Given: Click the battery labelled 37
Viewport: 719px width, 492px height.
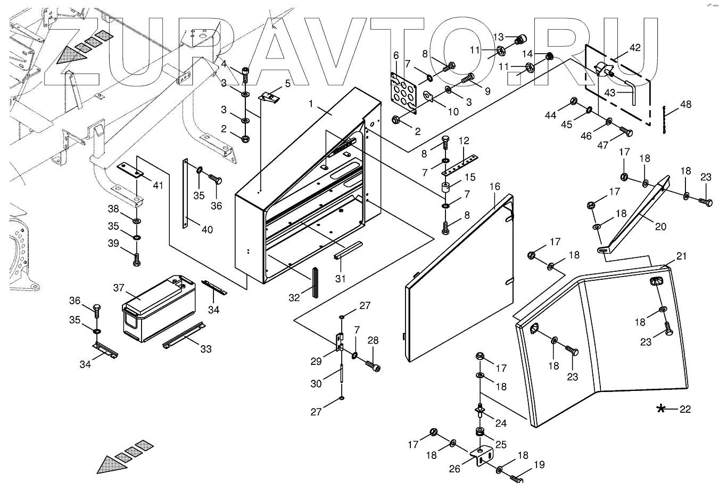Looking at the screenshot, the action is pos(159,308).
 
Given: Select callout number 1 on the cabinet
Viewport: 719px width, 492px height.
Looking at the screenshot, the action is pos(310,104).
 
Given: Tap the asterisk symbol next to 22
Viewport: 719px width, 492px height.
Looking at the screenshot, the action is pos(660,409).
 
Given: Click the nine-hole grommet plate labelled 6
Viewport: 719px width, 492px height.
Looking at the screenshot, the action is pos(404,93).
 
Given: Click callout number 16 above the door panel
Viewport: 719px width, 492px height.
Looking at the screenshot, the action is pos(494,186).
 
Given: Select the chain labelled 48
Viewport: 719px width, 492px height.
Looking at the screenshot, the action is pos(664,120).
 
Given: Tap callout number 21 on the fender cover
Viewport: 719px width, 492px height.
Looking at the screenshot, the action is pos(681,256).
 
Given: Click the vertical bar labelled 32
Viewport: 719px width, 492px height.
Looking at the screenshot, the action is pos(315,282).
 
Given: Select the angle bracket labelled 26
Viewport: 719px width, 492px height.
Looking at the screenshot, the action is pos(482,456).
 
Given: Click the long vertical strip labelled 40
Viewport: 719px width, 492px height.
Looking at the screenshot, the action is pos(185,193).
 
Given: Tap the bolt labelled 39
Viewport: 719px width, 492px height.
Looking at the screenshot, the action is pos(136,259).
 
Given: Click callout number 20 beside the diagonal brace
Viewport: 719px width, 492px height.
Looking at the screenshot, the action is pos(660,227).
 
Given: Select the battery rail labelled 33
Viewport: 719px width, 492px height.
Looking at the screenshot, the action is pos(184,335).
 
